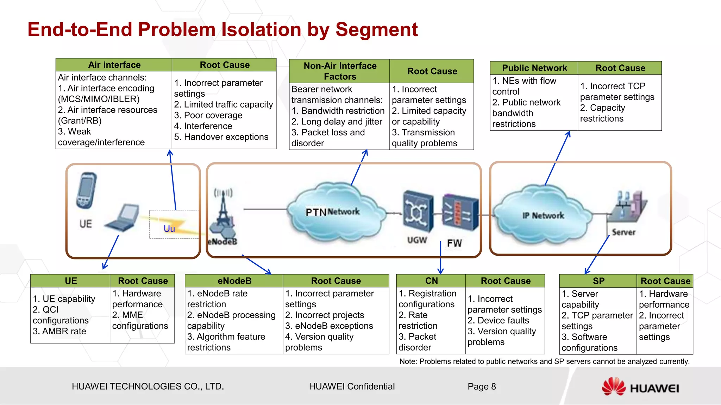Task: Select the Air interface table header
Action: (x=114, y=65)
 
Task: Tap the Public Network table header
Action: (x=534, y=68)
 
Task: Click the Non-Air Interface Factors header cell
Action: (x=340, y=71)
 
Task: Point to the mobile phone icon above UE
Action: (x=86, y=190)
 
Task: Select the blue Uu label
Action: (x=169, y=229)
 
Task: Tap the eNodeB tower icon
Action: (x=223, y=214)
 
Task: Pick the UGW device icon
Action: (x=418, y=211)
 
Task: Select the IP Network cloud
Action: (x=543, y=216)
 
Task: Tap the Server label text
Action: (x=623, y=232)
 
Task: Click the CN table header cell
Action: (x=431, y=281)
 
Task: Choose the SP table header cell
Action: (x=598, y=281)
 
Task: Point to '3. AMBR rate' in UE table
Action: (x=59, y=331)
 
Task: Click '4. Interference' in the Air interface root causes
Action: (x=203, y=126)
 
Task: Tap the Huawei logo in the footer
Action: (x=640, y=387)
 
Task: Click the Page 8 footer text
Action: (x=482, y=386)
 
